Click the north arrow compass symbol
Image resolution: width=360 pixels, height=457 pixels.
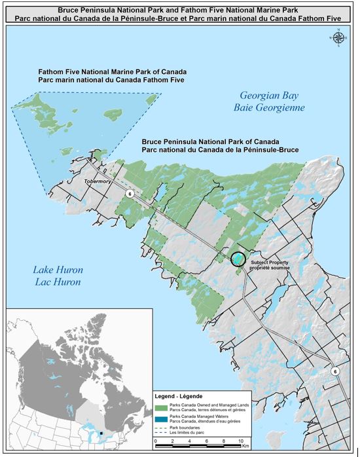tap(338, 38)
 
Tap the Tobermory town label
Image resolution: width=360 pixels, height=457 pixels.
tap(96, 184)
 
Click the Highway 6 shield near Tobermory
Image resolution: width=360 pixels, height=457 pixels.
tap(130, 194)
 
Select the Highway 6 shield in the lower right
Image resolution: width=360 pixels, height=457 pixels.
tap(336, 371)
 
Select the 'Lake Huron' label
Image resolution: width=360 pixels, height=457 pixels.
tap(57, 270)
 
